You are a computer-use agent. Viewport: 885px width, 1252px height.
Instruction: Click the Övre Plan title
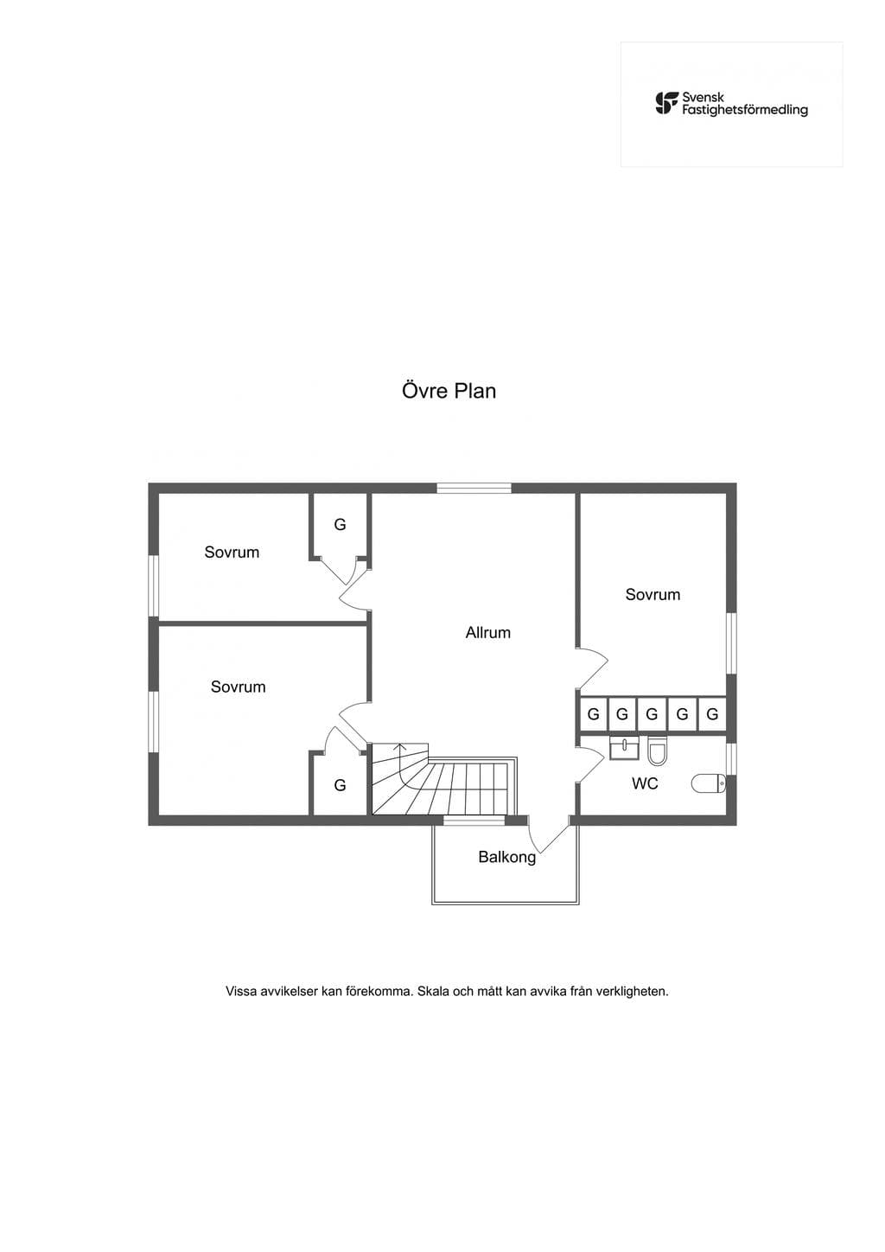[449, 391]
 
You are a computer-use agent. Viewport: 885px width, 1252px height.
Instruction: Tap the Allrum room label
[487, 633]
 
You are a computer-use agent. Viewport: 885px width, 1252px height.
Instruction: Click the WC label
[645, 783]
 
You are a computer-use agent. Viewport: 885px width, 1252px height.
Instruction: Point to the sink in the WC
[623, 749]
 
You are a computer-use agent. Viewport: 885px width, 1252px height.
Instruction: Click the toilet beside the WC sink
[657, 751]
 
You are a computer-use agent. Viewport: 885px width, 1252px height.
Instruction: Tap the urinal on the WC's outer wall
[709, 783]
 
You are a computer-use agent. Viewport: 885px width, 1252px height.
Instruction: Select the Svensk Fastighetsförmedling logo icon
[667, 104]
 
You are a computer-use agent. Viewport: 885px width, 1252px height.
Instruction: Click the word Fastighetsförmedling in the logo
[745, 110]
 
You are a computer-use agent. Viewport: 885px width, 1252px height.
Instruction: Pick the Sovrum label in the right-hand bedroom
[653, 594]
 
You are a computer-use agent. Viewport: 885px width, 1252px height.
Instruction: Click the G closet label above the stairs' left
[340, 785]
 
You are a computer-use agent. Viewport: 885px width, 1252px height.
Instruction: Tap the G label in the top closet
[340, 524]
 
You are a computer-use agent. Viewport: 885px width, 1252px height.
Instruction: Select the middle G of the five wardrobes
[652, 713]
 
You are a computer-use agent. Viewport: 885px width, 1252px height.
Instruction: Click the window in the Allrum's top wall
[474, 488]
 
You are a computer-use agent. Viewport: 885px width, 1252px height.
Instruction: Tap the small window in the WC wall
[731, 758]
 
